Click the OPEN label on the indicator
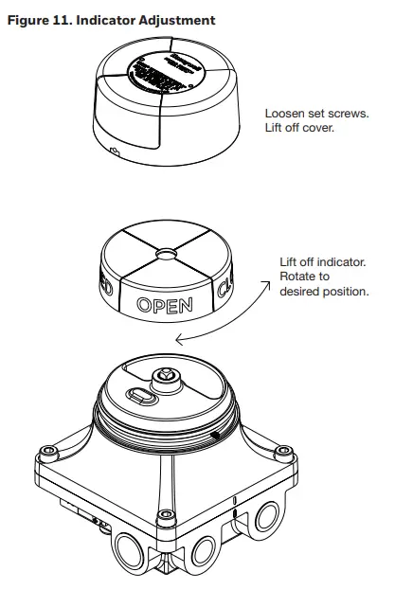point(165,305)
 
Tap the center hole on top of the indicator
point(167,254)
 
